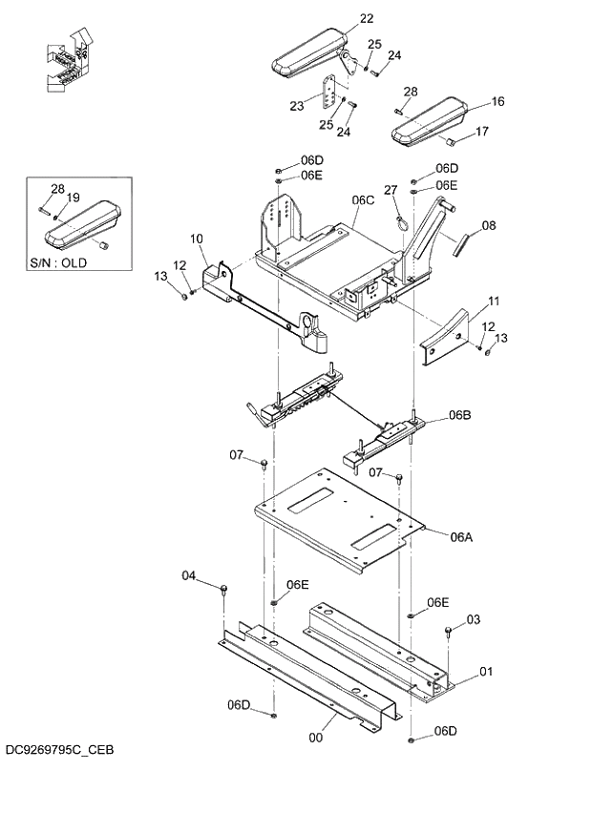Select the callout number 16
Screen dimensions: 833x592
497,101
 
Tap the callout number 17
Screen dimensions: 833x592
481,132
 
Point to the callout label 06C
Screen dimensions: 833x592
363,199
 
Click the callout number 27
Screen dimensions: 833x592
390,191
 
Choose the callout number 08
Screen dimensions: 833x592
488,226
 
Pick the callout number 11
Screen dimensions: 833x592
494,302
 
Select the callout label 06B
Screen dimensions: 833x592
460,415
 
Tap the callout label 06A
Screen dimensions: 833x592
461,537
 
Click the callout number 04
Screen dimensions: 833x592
188,575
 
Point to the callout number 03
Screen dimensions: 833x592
474,620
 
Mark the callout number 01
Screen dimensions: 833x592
485,672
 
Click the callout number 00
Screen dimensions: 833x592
316,737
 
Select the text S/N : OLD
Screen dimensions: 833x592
58,262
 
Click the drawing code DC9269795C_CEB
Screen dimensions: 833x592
58,750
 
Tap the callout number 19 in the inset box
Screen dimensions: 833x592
73,198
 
